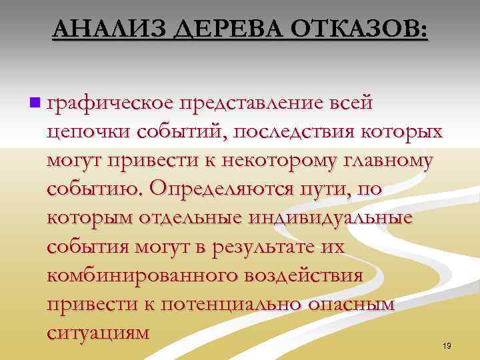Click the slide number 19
tap(447, 345)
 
